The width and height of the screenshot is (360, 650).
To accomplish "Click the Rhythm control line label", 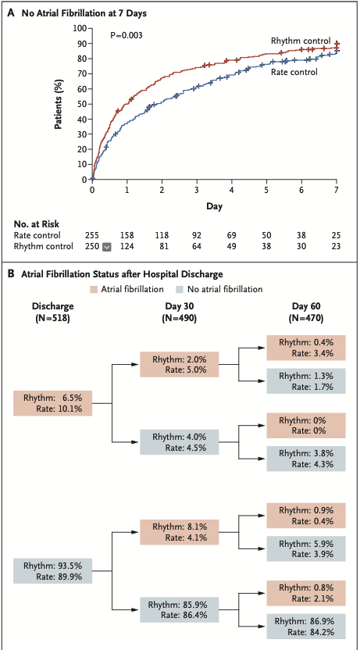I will click(x=300, y=41).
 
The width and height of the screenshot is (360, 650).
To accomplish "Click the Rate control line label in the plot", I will click(x=294, y=72).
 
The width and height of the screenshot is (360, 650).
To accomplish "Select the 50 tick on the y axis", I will click(x=81, y=104).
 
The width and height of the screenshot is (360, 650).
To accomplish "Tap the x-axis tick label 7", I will click(x=336, y=189).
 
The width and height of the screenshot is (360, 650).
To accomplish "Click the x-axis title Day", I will click(x=214, y=205).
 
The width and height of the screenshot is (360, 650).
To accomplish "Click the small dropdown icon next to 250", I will click(x=106, y=247).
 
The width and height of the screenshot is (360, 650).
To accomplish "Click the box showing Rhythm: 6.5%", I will click(x=53, y=403).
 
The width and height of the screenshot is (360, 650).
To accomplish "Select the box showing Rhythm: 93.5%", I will click(x=53, y=572).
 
